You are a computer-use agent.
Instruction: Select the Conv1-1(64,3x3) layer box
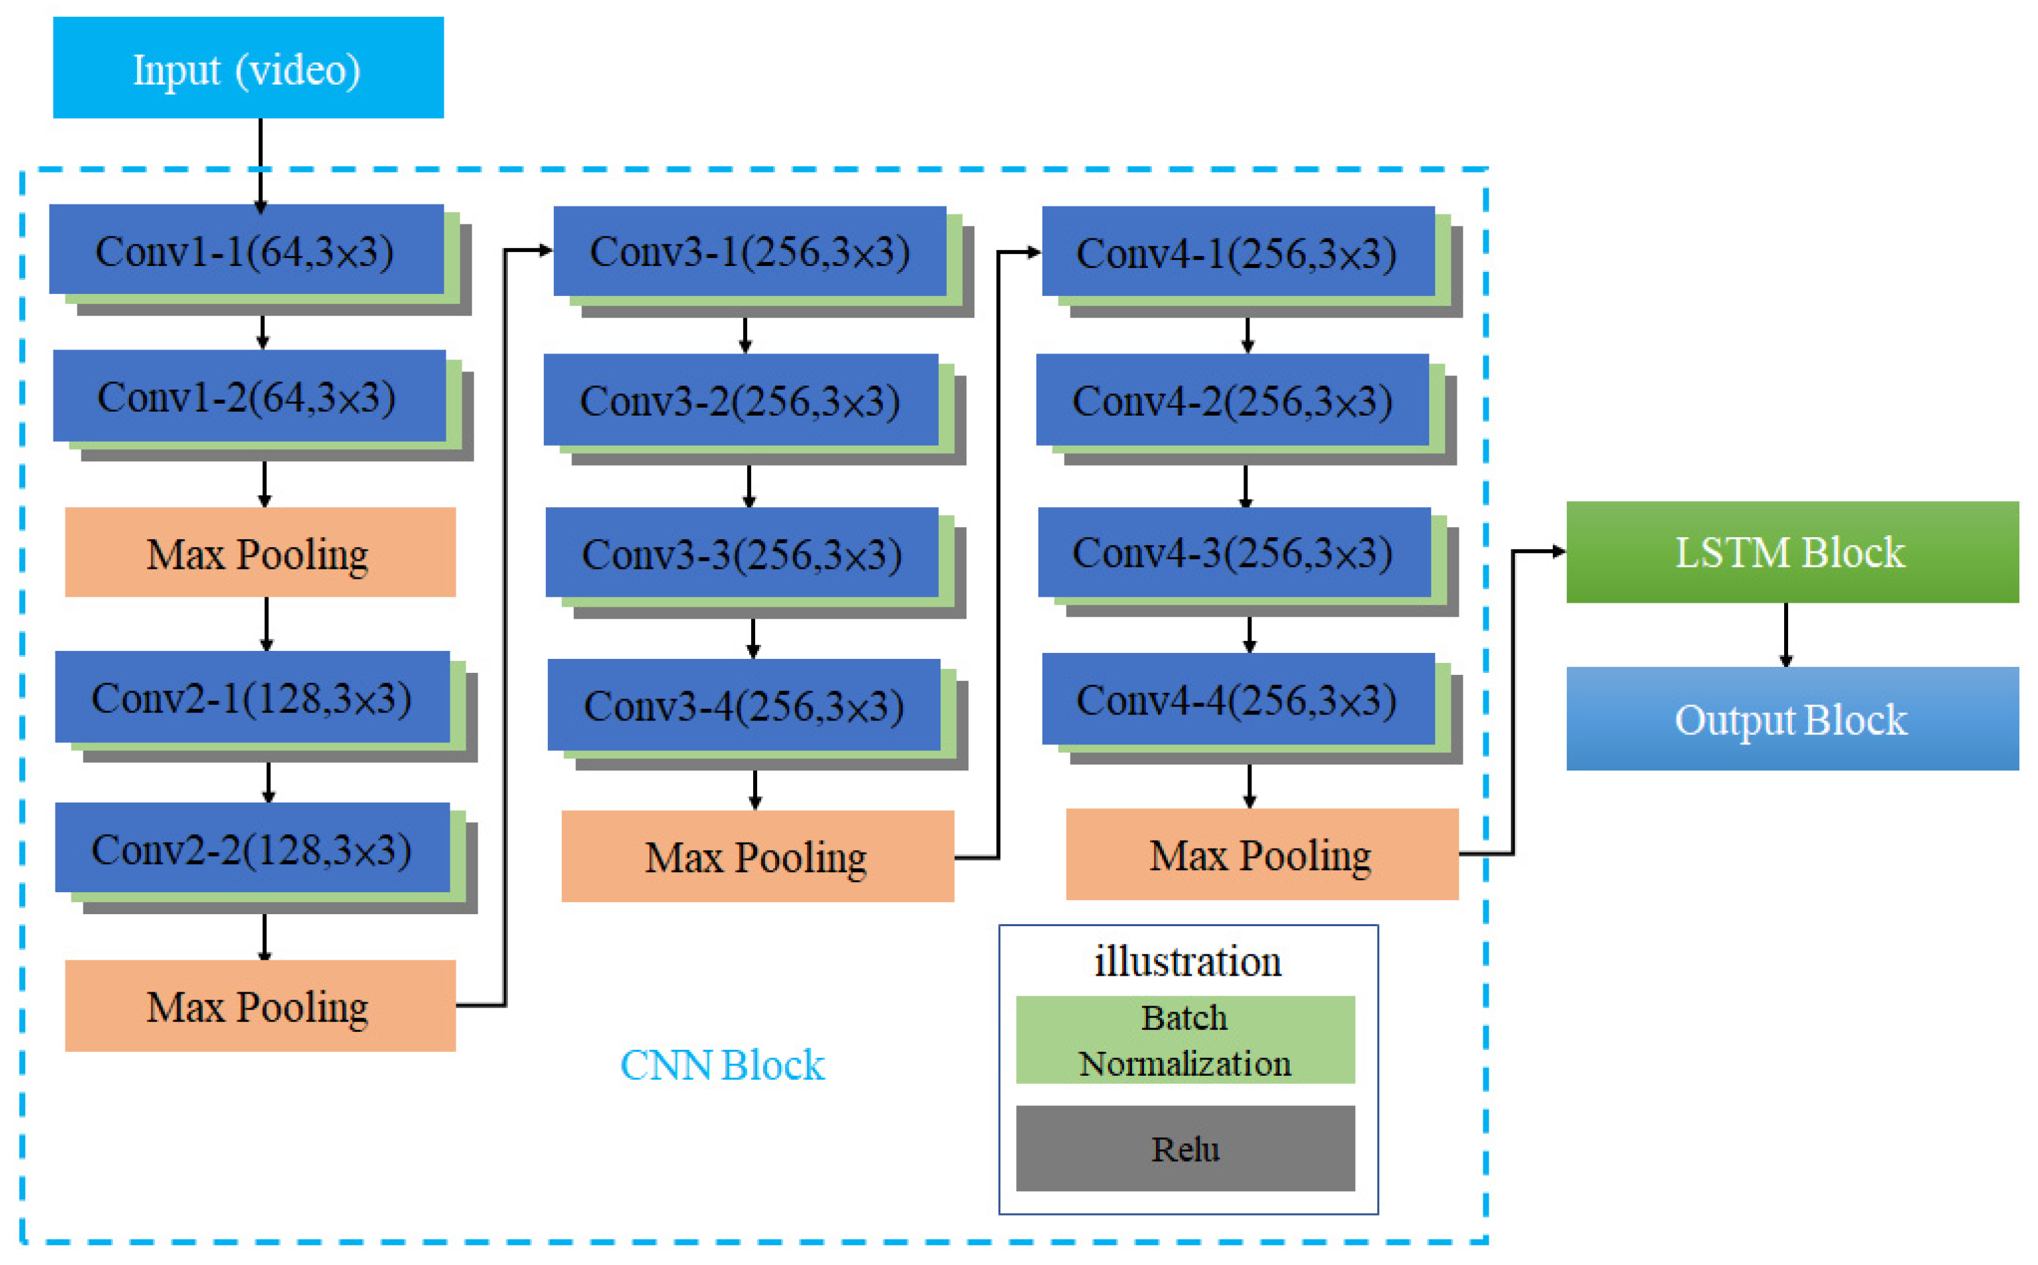(246, 250)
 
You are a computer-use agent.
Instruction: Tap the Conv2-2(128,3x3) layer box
(252, 849)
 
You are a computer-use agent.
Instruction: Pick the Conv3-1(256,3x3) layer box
(750, 251)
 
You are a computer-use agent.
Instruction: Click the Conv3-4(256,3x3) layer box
(744, 705)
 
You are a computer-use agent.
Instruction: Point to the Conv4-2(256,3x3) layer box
(1232, 400)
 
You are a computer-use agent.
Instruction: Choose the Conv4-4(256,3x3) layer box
(1238, 700)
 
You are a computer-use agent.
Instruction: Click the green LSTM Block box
(1792, 552)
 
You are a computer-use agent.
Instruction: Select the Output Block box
(1792, 718)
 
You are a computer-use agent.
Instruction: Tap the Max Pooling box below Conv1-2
(260, 552)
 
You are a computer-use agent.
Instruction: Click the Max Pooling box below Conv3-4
(757, 857)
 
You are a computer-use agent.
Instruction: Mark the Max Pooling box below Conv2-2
(260, 1006)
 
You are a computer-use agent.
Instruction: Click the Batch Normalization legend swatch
(1185, 1040)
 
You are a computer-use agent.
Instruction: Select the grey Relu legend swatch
(1185, 1149)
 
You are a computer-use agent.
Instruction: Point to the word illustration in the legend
(1187, 962)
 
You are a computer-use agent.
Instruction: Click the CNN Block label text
(722, 1065)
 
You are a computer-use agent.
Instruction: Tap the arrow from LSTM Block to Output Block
(1786, 634)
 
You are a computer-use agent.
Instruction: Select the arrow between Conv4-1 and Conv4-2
(1248, 335)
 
